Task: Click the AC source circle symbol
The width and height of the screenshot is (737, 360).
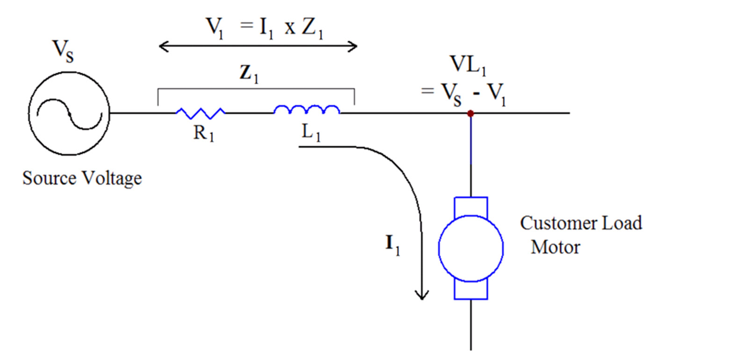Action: (69, 114)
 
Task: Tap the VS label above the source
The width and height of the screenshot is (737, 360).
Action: (63, 50)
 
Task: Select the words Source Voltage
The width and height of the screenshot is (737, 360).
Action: (82, 179)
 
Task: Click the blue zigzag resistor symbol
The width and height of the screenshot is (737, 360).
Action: (200, 113)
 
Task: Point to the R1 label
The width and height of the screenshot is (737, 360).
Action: (204, 134)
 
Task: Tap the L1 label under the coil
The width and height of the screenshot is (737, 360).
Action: (311, 133)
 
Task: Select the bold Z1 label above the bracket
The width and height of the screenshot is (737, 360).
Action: (249, 73)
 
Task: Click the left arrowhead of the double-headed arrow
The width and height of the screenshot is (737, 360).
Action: (162, 46)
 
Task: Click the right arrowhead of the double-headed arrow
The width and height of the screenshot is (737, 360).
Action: (354, 46)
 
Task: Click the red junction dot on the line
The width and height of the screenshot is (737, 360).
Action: (470, 114)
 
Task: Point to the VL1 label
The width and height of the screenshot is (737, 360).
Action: (468, 65)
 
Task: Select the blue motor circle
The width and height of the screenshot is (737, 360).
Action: (470, 248)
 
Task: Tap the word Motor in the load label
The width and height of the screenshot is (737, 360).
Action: (555, 247)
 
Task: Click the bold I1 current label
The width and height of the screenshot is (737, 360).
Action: (392, 244)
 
